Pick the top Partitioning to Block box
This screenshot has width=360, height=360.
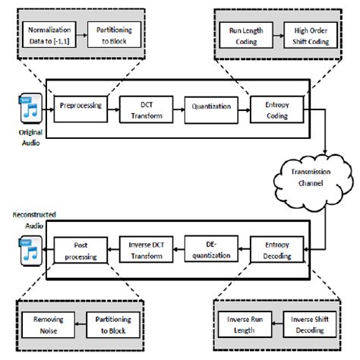click(112, 34)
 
